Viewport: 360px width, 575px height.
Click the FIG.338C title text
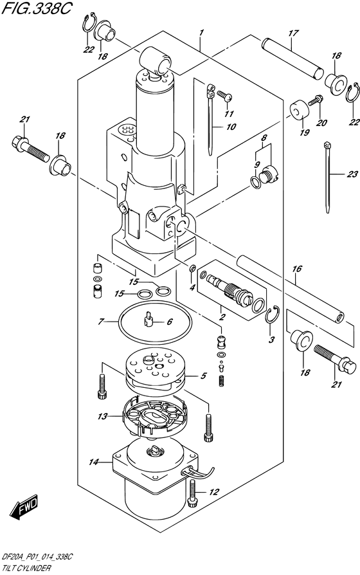pos(35,8)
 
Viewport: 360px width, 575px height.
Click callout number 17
pos(293,33)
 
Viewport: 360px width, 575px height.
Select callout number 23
pos(352,174)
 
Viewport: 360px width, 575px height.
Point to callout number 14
pos(94,462)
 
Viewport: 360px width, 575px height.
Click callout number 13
pos(103,416)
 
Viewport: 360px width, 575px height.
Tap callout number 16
pos(296,269)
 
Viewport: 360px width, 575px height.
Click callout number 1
pos(201,33)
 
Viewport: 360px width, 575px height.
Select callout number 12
pos(214,492)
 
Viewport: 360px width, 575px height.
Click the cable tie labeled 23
pos(328,178)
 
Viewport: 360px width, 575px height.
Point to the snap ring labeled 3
pos(273,315)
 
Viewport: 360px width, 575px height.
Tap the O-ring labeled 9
pos(256,182)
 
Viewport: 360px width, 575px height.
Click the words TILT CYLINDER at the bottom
pos(25,569)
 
